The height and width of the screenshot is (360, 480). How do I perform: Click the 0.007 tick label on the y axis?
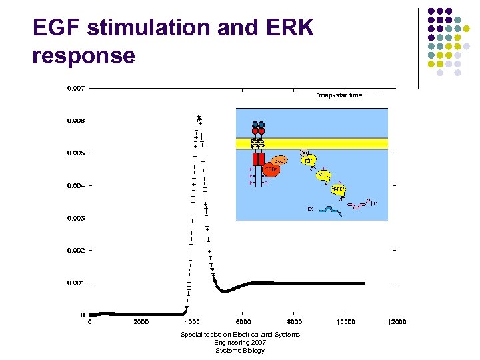point(75,88)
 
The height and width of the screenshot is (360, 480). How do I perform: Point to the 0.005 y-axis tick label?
point(75,153)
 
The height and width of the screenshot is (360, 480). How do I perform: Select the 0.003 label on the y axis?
point(75,218)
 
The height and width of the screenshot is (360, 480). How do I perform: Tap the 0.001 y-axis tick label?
point(75,283)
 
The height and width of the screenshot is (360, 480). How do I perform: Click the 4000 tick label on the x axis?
point(192,322)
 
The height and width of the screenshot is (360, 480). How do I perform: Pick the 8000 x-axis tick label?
point(294,322)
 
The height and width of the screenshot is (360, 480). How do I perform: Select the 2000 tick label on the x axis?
point(141,322)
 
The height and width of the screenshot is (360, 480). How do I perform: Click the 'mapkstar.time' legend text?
point(340,95)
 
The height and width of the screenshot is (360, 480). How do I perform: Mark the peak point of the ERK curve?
point(199,116)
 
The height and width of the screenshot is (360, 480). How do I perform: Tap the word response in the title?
point(83,55)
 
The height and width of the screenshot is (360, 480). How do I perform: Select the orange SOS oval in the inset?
point(280,161)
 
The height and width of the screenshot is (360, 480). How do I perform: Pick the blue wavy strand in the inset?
point(330,210)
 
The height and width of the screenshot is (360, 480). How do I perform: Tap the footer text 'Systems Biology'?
point(239,351)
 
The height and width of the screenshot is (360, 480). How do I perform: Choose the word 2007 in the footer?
point(256,343)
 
